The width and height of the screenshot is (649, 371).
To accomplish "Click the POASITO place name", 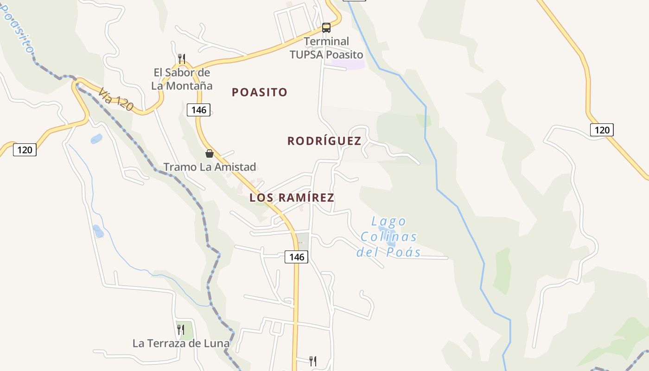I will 260,92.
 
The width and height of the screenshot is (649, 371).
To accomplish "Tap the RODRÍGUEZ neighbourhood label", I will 324,141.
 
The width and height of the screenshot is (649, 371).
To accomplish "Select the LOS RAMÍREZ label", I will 292,198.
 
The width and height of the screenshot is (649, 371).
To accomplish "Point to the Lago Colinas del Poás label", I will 388,237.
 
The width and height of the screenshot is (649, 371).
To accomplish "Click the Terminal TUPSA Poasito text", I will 326,48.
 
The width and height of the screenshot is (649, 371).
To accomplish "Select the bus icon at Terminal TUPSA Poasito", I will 326,28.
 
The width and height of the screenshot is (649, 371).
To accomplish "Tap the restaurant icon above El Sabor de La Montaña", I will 182,59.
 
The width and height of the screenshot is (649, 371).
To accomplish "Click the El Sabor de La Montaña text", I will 182,79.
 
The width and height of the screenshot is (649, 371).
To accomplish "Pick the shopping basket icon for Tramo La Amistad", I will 210,154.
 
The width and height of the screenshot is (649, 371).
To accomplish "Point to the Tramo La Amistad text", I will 210,167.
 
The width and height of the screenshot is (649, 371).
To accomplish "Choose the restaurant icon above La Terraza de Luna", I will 181,330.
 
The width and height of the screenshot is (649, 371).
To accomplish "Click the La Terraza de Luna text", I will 181,344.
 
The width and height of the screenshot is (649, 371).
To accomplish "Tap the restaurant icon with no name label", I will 313,361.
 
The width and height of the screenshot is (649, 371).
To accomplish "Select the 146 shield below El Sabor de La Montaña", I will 199,110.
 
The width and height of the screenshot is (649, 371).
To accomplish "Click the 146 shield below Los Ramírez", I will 296,257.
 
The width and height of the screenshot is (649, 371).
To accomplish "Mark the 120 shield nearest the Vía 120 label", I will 25,150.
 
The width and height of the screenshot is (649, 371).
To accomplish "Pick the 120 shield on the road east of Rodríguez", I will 602,130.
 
